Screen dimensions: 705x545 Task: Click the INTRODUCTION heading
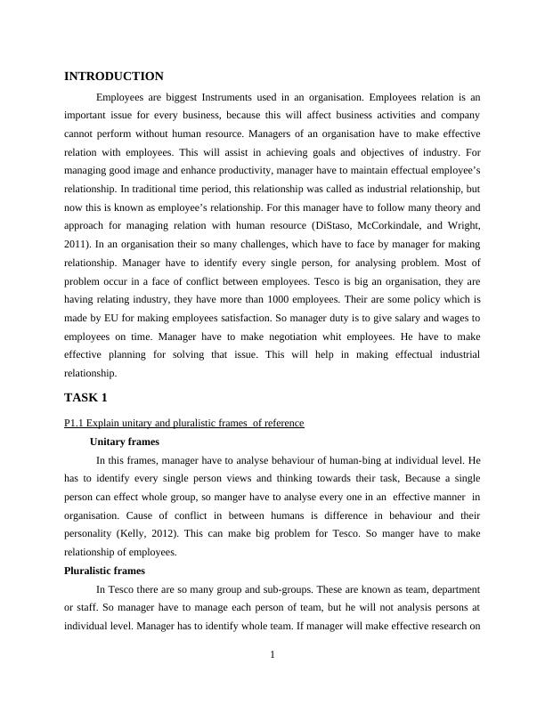114,77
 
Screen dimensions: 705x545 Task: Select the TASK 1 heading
85,397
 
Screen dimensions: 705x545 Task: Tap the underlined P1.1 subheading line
184,423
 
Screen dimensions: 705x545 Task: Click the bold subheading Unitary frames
125,441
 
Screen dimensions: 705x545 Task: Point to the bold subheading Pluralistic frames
104,571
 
